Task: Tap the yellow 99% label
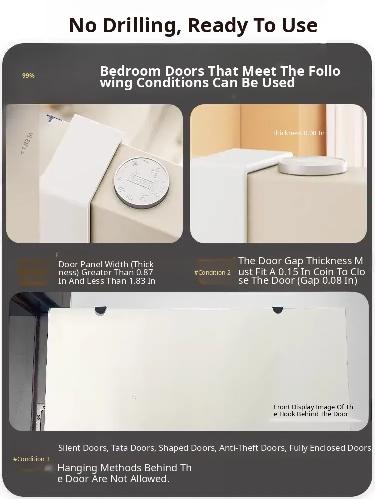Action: point(28,76)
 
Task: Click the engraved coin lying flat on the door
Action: point(141,182)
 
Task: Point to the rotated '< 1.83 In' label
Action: point(27,144)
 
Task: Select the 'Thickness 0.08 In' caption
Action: point(298,133)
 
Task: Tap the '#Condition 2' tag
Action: point(212,273)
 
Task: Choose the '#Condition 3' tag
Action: point(31,459)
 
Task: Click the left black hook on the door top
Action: point(100,311)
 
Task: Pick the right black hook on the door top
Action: point(277,310)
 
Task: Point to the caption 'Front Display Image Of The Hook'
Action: point(313,410)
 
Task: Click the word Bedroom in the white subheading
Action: point(130,71)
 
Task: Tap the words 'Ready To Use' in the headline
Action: point(253,26)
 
